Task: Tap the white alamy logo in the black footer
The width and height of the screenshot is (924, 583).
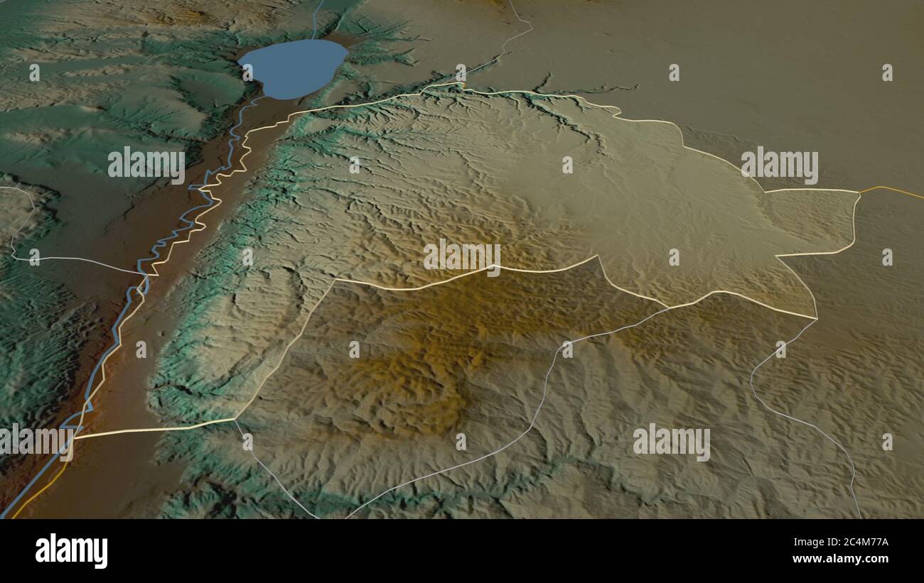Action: click(x=71, y=550)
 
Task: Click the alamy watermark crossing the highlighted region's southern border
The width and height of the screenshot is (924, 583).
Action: click(x=462, y=257)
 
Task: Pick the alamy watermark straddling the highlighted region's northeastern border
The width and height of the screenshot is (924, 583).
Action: click(x=779, y=165)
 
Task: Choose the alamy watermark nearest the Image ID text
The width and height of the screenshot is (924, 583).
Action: click(x=671, y=442)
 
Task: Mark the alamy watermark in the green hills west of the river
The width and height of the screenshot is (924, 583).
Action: click(x=146, y=165)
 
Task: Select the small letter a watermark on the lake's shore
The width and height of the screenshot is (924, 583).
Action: click(x=248, y=72)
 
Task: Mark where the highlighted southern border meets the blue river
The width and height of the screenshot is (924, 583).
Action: click(x=75, y=435)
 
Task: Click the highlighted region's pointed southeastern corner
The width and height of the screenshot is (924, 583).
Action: click(x=816, y=317)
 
